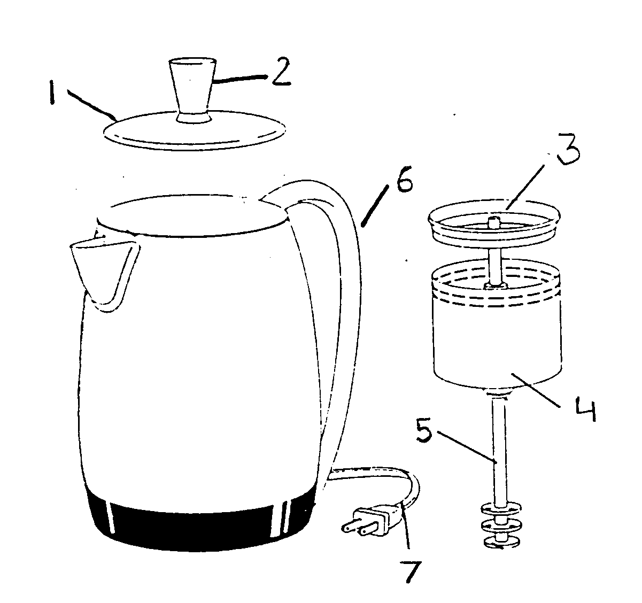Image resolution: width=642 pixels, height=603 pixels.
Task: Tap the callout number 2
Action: pyautogui.click(x=280, y=73)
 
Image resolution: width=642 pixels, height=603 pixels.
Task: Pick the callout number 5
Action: pyautogui.click(x=426, y=429)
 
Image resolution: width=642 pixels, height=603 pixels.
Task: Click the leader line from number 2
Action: pyautogui.click(x=241, y=79)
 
